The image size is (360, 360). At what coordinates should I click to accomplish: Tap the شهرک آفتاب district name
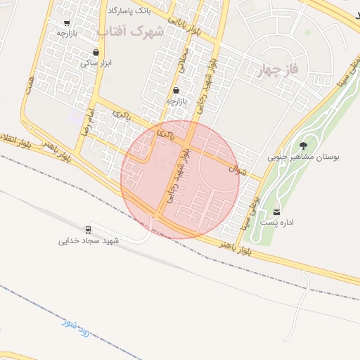click(131, 32)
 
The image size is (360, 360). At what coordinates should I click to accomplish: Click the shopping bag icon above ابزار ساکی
click(96, 53)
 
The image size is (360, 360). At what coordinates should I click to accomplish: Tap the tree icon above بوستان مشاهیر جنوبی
click(303, 146)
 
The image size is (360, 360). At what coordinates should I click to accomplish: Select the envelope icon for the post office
click(276, 212)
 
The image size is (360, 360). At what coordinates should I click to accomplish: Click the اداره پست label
click(277, 222)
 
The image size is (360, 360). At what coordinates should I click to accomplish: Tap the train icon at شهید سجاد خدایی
click(89, 229)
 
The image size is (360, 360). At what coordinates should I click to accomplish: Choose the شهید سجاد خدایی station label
click(89, 240)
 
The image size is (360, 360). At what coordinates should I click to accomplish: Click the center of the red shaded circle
click(180, 179)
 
